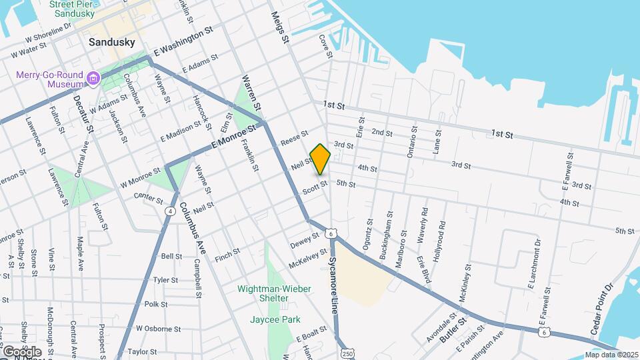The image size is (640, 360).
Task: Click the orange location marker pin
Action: [x=321, y=159]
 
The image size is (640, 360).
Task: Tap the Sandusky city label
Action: [x=112, y=42]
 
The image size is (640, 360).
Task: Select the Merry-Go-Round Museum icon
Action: [x=92, y=79]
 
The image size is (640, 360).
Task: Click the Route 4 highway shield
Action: [x=171, y=211]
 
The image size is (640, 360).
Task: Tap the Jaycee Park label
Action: [x=273, y=319]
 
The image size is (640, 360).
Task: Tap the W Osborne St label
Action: [x=158, y=329]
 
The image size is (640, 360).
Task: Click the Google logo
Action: [x=22, y=352]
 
